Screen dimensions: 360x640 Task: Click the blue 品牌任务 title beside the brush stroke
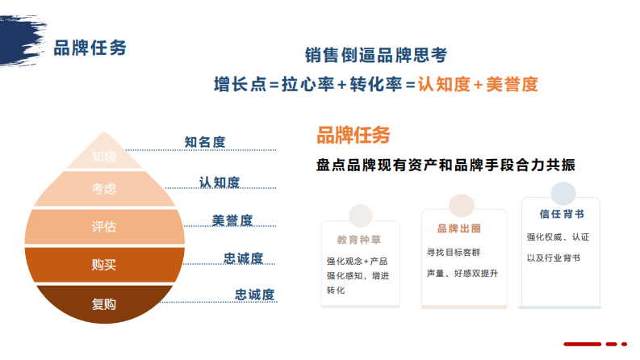90,48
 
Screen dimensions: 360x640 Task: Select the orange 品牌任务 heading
353,134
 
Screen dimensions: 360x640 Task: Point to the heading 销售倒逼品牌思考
375,56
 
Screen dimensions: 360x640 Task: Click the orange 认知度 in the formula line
443,84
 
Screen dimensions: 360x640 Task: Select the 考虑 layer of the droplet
104,189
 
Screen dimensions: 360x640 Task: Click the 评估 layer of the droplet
104,227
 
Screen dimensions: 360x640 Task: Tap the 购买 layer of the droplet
104,265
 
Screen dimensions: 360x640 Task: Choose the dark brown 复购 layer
104,304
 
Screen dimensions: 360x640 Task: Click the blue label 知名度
205,142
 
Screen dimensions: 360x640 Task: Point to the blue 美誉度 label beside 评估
232,220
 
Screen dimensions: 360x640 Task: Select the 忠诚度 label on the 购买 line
244,258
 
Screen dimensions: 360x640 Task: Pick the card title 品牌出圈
459,228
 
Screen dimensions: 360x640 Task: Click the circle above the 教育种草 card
360,216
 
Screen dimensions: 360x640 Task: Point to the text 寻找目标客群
452,252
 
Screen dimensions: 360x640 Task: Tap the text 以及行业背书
553,258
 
